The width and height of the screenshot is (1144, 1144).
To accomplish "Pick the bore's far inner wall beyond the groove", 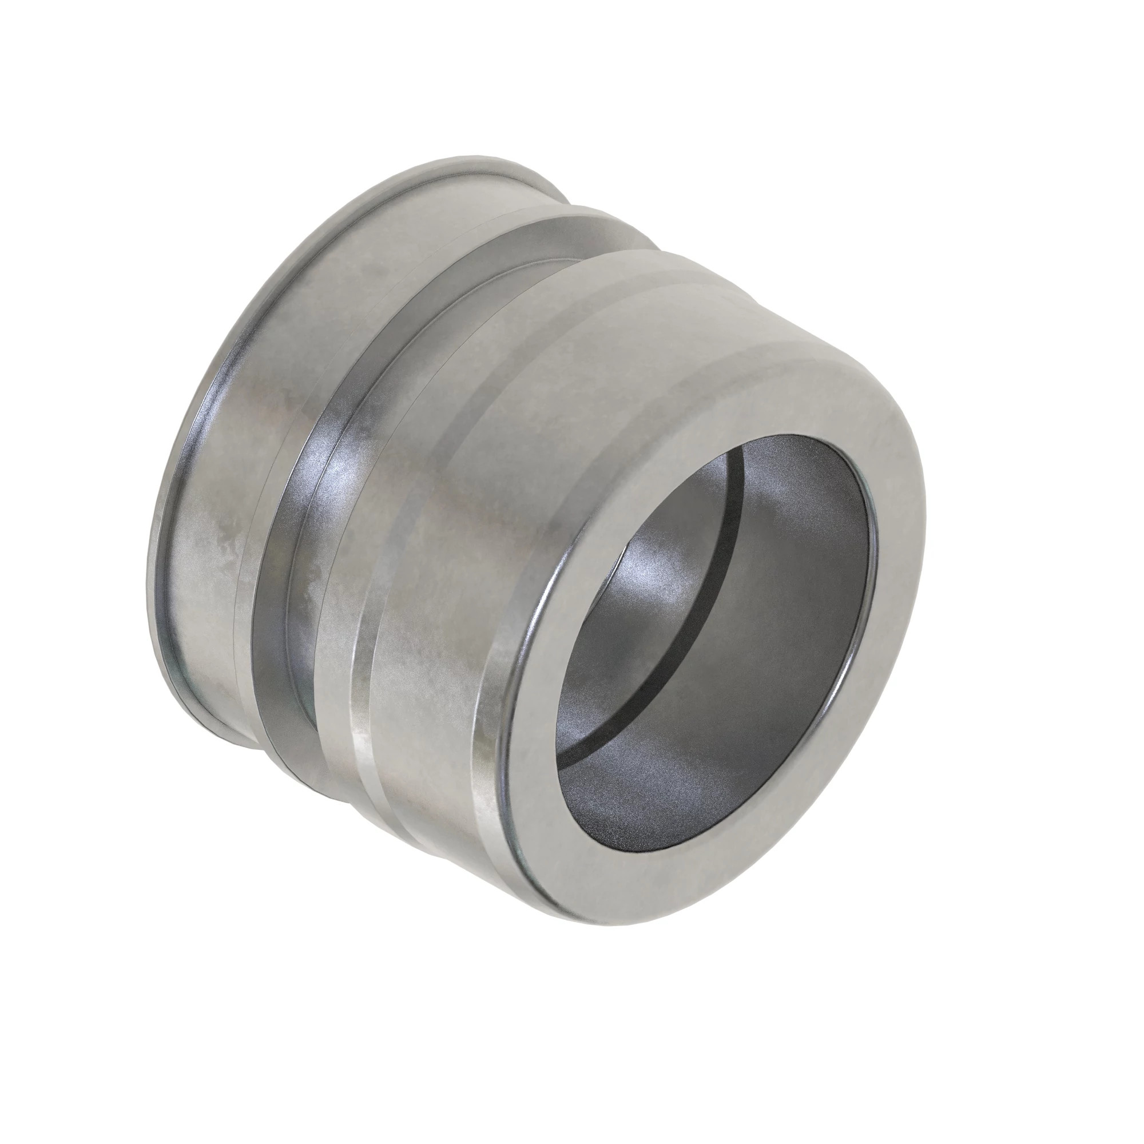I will click(788, 533).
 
